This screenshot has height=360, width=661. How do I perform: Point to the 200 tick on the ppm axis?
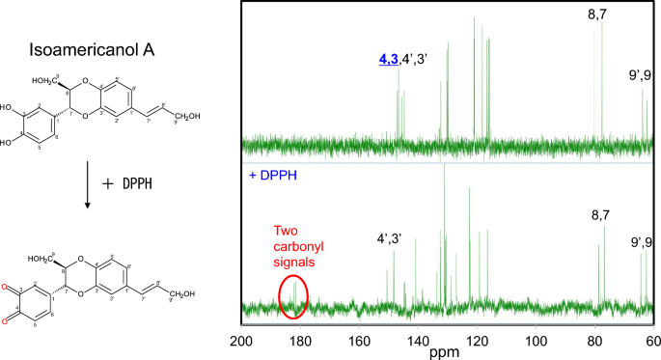coord(241,340)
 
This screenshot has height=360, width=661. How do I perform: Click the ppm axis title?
coord(448,351)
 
